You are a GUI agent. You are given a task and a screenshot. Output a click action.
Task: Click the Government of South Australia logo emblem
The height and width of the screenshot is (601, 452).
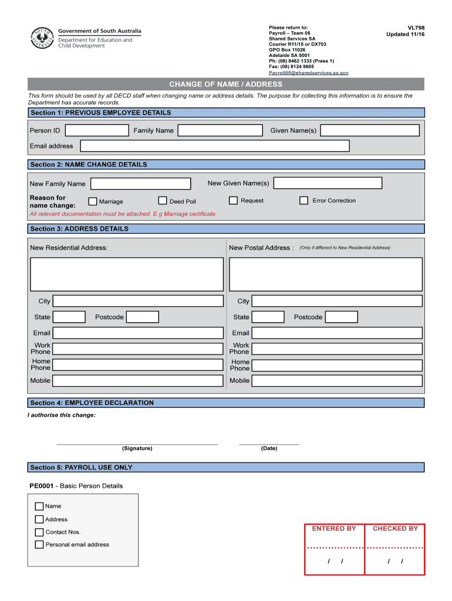click(42, 39)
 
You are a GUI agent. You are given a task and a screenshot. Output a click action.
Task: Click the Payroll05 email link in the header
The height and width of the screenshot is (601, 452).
click(308, 73)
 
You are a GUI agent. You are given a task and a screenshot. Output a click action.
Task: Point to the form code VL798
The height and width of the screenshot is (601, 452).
click(416, 28)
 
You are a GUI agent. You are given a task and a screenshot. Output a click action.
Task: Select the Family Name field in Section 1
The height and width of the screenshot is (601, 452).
click(220, 130)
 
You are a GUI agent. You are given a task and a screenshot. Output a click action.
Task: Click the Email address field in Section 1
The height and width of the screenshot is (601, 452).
click(214, 146)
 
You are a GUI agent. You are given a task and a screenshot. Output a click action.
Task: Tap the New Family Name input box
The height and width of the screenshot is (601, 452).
click(140, 184)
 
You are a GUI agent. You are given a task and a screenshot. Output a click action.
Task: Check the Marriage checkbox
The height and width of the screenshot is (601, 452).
click(93, 201)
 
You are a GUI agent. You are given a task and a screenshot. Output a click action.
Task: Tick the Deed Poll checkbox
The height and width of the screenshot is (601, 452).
click(163, 201)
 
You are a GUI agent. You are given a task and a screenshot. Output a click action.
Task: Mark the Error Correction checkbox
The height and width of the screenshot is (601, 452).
click(303, 201)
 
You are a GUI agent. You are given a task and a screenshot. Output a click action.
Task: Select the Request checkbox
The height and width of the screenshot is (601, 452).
click(233, 201)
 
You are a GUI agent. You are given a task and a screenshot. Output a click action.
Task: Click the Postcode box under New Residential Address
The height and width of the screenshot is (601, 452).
click(143, 317)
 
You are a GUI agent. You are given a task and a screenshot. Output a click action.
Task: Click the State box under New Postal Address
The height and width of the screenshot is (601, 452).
click(268, 317)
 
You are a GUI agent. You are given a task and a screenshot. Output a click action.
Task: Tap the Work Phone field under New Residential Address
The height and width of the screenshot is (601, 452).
click(138, 349)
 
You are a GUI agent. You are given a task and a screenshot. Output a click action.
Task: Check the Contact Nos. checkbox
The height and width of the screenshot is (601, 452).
click(39, 532)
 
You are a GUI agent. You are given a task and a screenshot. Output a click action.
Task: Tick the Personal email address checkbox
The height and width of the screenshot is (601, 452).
click(39, 545)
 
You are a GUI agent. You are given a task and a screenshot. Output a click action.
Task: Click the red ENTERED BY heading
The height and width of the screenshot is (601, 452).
click(334, 529)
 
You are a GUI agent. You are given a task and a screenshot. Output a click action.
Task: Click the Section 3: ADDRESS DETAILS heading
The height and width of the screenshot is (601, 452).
click(79, 229)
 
